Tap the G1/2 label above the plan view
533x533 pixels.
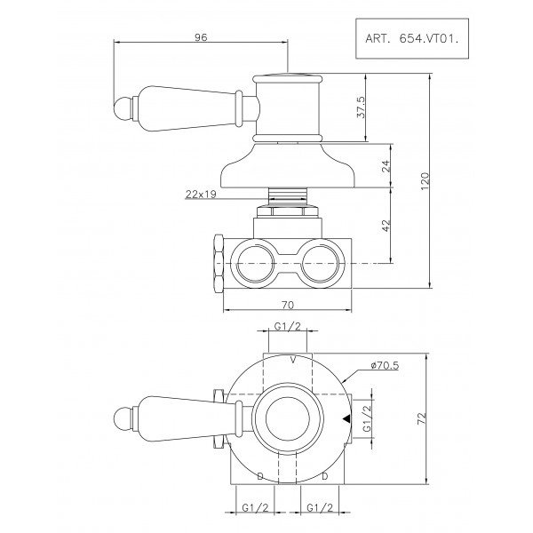[285, 327]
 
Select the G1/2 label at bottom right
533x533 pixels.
[321, 509]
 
